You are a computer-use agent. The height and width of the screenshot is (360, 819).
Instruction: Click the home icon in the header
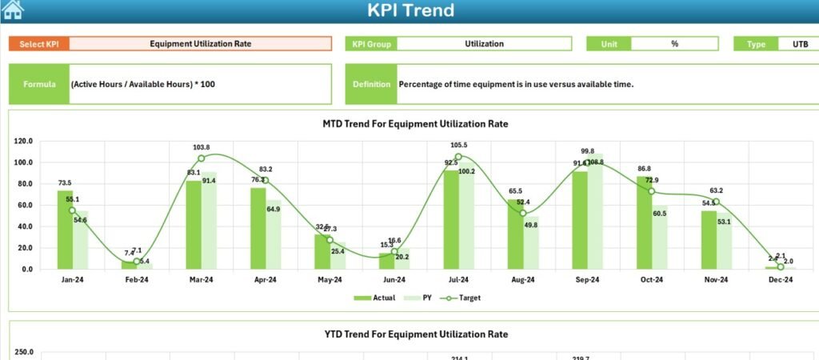click(x=13, y=10)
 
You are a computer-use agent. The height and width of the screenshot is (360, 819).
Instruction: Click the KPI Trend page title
click(x=410, y=10)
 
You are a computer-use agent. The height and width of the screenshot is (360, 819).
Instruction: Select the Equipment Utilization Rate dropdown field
click(x=200, y=44)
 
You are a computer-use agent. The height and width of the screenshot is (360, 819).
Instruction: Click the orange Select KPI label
click(x=39, y=44)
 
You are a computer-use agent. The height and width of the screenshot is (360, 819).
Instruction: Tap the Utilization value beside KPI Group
click(x=484, y=44)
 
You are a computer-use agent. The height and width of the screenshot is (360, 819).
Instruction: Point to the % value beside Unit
click(x=674, y=44)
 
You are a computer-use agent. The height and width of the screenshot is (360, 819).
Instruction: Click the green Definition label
click(x=371, y=84)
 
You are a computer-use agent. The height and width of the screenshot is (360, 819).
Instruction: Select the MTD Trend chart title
click(x=415, y=124)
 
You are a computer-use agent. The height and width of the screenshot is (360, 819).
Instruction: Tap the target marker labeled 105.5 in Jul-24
click(x=457, y=157)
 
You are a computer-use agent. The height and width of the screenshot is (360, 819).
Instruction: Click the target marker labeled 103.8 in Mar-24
click(x=201, y=158)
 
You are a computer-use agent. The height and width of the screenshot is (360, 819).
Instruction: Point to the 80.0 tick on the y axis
click(x=24, y=184)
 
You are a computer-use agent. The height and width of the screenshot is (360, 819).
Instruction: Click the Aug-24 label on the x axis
click(x=522, y=280)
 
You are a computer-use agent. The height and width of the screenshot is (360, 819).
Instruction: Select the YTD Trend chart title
click(x=415, y=334)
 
